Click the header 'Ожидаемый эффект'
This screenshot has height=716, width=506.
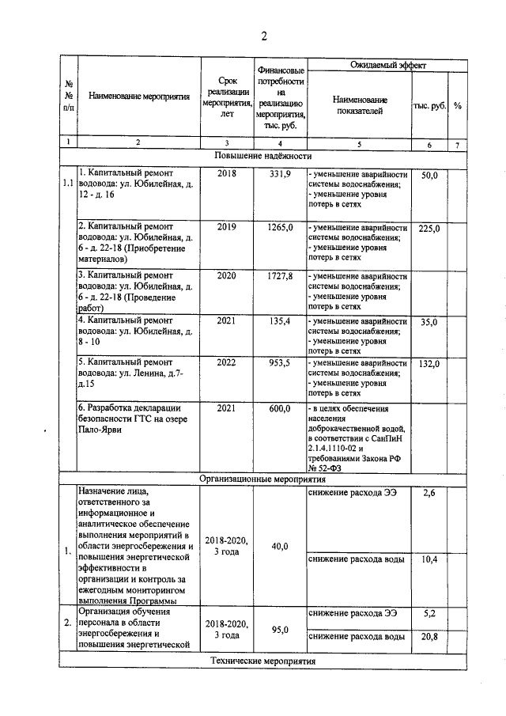click(379, 64)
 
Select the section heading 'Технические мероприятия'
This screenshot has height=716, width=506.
click(262, 661)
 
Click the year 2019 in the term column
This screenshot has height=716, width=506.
click(226, 228)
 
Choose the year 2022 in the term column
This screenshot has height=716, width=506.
click(226, 363)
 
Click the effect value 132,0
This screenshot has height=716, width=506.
click(429, 364)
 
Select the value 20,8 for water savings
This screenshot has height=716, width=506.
click(429, 636)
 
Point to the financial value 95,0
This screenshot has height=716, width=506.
click(280, 630)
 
